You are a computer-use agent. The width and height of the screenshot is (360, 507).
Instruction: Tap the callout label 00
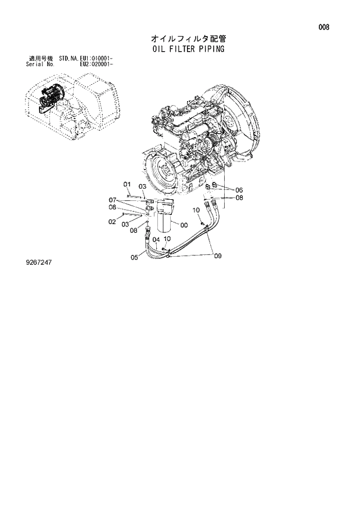point(183,225)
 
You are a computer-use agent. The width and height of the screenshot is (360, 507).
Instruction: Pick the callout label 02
point(112,221)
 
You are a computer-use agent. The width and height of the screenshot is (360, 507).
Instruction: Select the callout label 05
point(134,257)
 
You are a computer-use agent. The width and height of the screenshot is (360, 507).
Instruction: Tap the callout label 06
point(239,189)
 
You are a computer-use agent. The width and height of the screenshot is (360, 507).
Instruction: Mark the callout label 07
point(113,200)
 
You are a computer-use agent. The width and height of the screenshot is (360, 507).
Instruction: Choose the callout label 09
point(217,255)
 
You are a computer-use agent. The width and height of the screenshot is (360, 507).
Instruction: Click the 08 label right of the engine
point(239,198)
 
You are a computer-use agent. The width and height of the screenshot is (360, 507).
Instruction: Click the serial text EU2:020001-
point(96,64)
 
